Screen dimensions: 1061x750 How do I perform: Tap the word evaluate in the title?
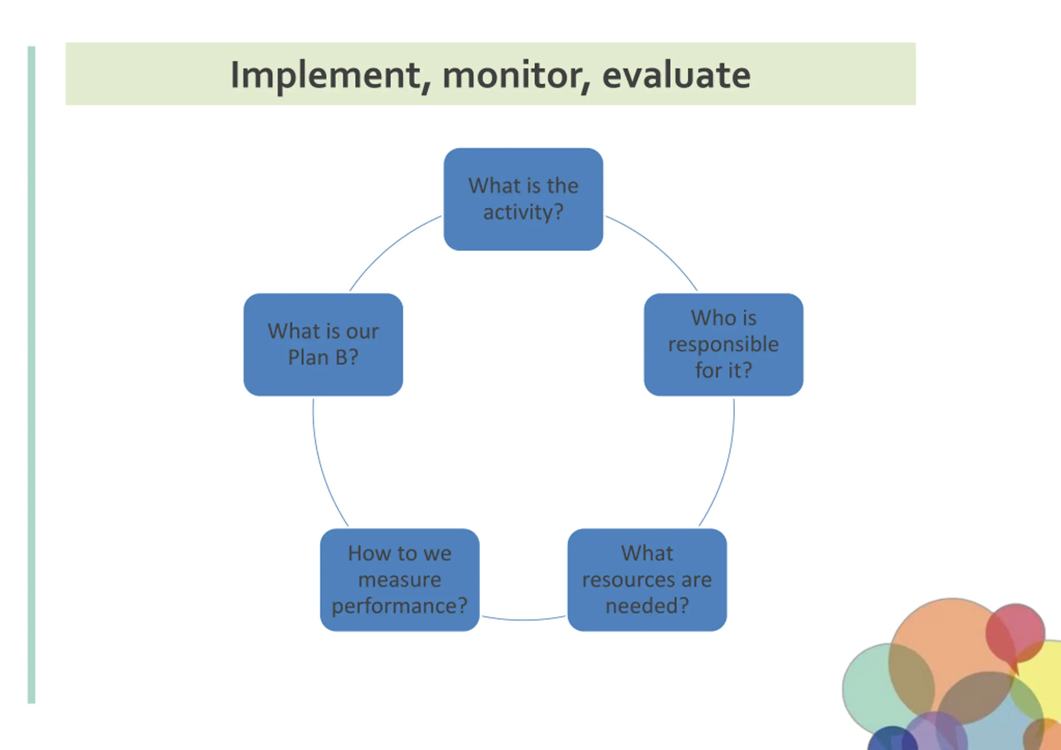pos(676,75)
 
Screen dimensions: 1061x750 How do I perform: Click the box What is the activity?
pos(523,199)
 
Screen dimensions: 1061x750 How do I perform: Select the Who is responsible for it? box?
pos(724,344)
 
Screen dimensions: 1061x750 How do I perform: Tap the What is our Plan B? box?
pos(323,344)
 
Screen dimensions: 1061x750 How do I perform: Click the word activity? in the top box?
pos(523,213)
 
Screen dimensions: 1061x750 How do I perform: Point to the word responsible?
pos(724,345)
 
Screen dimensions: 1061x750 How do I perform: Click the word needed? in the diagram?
pos(647,605)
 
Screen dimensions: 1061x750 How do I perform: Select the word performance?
pos(400,606)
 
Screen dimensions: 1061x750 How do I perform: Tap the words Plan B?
pos(323,357)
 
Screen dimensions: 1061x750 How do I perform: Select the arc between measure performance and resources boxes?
pos(523,619)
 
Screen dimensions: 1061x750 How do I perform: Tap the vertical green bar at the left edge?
pos(31,375)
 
